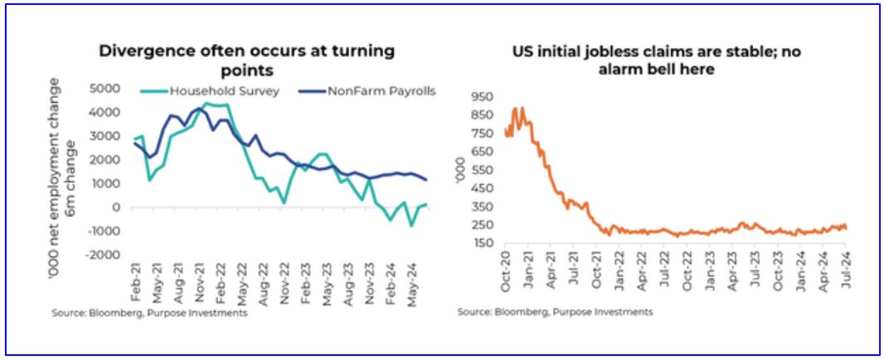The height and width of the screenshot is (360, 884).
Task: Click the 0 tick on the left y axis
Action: pos(118,207)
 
